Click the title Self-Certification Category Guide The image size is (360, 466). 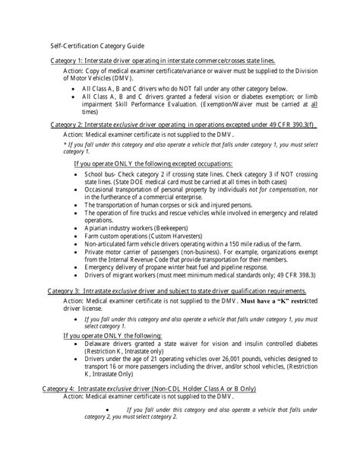click(x=93, y=46)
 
